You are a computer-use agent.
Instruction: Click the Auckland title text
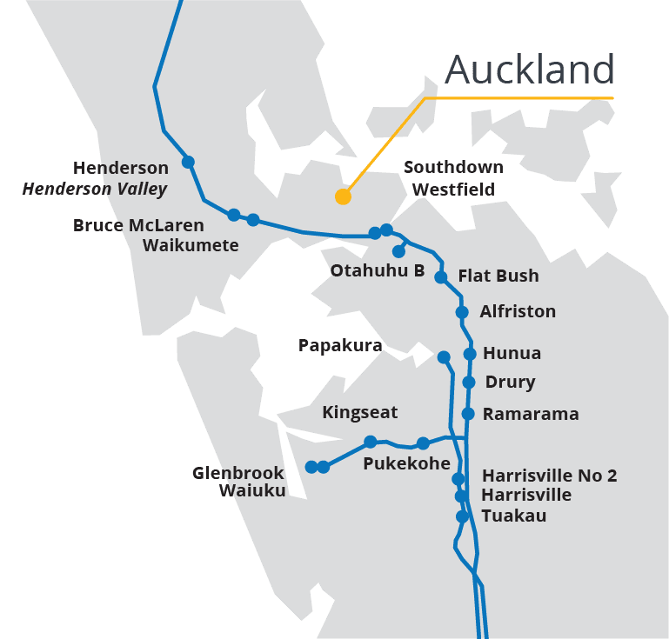click(x=530, y=70)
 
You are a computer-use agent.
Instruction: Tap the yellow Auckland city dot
click(x=343, y=196)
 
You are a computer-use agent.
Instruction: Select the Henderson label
click(x=120, y=168)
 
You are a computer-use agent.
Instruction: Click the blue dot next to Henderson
click(x=188, y=162)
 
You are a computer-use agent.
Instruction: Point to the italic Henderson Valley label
click(x=95, y=189)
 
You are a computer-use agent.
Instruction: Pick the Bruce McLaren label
click(x=138, y=225)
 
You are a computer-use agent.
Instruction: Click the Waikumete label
click(x=191, y=245)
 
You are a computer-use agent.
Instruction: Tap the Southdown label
click(x=453, y=167)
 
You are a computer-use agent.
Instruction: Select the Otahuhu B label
click(x=377, y=270)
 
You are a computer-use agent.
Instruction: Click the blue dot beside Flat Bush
click(x=441, y=277)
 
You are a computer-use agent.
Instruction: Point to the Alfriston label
click(x=518, y=311)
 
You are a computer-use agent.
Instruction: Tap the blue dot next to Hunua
click(x=470, y=354)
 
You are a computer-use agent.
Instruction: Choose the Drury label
click(x=510, y=382)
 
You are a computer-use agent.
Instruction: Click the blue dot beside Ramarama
click(x=468, y=414)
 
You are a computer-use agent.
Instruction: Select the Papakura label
click(x=340, y=345)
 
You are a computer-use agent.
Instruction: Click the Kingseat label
click(x=360, y=411)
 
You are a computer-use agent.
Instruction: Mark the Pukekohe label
click(x=406, y=463)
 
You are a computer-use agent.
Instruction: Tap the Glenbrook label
click(x=238, y=473)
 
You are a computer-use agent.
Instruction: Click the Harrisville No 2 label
click(x=549, y=476)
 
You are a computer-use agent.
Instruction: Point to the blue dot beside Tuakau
click(x=463, y=516)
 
